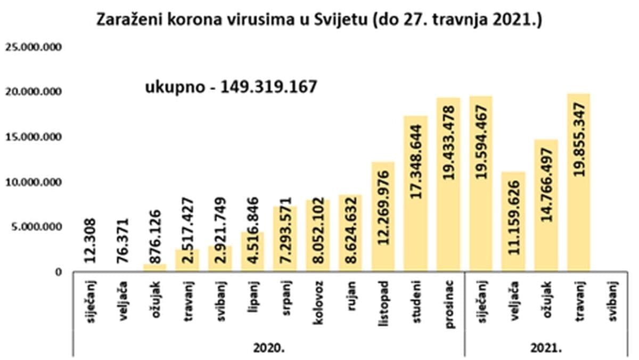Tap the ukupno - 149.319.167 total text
point(231,86)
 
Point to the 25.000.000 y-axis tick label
point(34,47)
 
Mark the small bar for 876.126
point(154,268)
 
